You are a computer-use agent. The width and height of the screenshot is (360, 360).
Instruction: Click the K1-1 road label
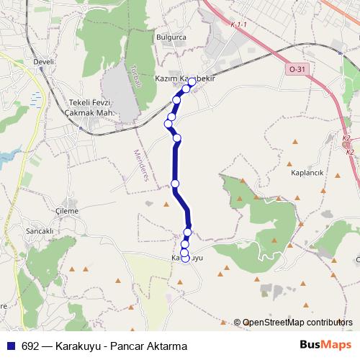[x=238, y=25]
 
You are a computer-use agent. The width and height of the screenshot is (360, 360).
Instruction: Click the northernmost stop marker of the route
[x=192, y=82]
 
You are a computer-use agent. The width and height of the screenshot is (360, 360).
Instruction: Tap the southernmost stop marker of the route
[x=185, y=259]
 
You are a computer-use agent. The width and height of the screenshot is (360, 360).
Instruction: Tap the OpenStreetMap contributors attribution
[x=297, y=322]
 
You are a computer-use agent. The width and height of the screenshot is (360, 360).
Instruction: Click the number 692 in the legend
[x=30, y=346]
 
